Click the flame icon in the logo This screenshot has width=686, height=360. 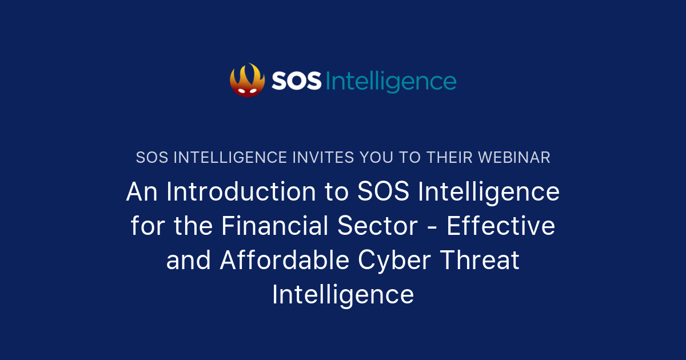(247, 80)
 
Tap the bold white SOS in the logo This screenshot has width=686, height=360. (297, 82)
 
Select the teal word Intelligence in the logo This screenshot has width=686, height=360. (391, 82)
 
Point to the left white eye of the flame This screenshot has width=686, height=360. (241, 90)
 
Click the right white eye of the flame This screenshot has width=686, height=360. (254, 90)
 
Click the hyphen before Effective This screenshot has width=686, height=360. (432, 227)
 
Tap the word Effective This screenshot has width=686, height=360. (501, 226)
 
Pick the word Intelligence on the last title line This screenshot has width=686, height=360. (343, 295)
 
